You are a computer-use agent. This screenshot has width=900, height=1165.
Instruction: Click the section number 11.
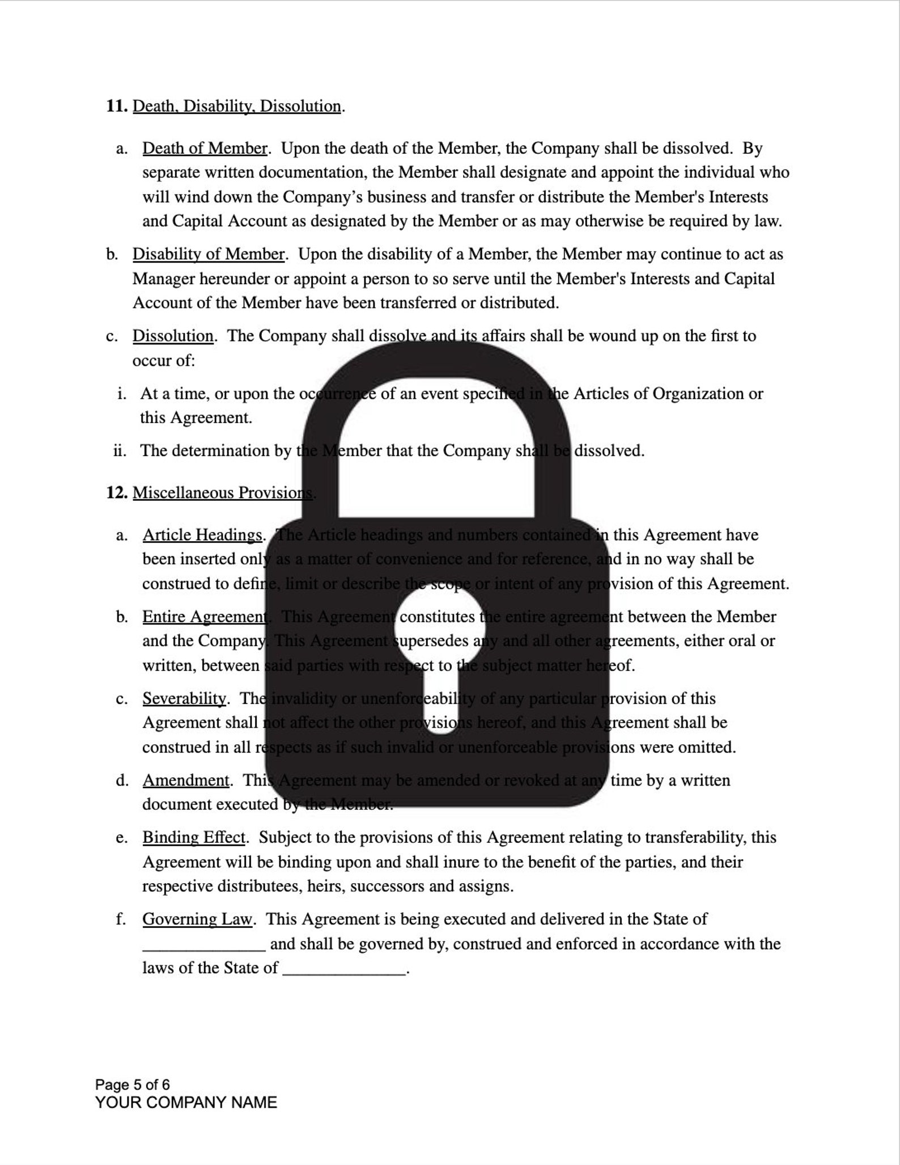tap(116, 106)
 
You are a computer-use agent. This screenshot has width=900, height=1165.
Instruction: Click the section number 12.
tap(116, 492)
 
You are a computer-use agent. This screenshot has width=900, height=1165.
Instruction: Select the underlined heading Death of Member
tap(205, 148)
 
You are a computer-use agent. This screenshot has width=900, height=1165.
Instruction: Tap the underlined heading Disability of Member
tap(208, 254)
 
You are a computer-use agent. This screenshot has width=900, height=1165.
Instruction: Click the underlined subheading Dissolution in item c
tap(173, 336)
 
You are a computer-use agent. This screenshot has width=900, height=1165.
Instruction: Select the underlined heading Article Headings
tap(202, 535)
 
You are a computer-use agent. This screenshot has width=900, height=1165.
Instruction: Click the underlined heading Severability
tap(184, 698)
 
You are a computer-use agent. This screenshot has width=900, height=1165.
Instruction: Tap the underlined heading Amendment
tap(186, 780)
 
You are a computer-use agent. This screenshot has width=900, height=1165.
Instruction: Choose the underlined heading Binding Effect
tap(194, 838)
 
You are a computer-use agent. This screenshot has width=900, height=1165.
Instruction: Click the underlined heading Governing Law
tap(197, 919)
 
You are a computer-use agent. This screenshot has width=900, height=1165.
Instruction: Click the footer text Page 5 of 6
tap(132, 1084)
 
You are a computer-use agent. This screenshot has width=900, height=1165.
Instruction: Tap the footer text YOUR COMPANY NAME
tap(186, 1102)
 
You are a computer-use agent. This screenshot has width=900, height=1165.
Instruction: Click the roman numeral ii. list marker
tap(120, 451)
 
